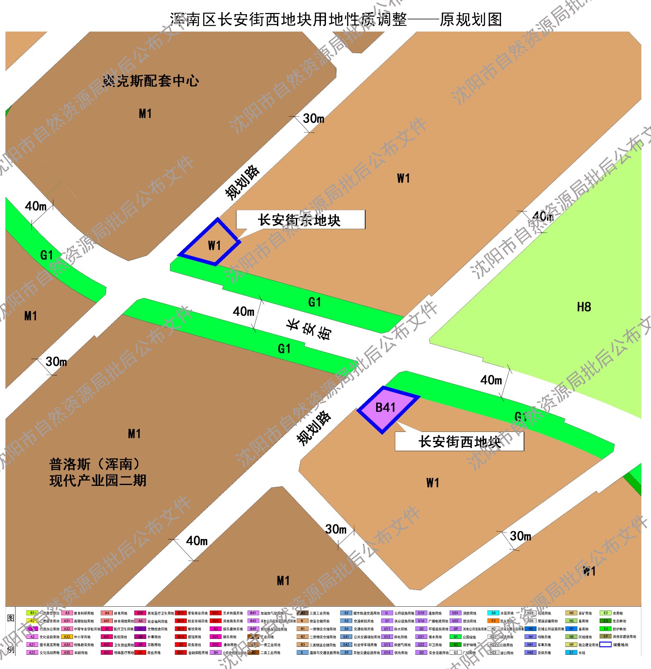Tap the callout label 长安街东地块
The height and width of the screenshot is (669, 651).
click(300, 220)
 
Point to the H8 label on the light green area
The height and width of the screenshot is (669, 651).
click(584, 307)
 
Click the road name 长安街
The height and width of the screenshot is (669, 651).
click(309, 330)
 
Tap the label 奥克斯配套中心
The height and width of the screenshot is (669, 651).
click(151, 81)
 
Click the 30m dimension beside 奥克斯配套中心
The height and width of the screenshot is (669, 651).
click(313, 119)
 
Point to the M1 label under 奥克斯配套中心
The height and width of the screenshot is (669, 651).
click(145, 114)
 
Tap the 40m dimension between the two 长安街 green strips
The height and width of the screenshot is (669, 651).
click(243, 312)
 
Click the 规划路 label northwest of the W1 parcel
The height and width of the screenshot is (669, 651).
click(242, 182)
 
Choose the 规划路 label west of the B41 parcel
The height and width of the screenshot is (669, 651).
click(314, 428)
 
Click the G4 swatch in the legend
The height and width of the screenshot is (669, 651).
click(493, 613)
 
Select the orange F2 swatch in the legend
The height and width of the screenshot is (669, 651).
click(493, 621)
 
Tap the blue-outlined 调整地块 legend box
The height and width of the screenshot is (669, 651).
click(605, 645)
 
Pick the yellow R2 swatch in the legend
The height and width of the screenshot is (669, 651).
click(32, 621)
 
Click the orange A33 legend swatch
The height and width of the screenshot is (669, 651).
click(67, 637)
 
